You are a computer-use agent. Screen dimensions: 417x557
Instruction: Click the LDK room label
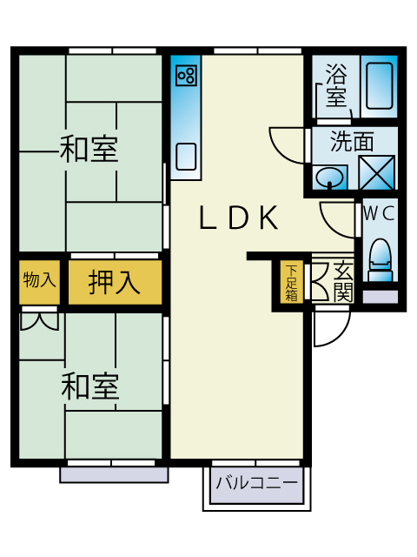click(238, 218)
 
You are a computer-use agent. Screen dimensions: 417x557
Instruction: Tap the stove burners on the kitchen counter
click(186, 76)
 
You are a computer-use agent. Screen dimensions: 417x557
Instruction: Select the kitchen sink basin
click(186, 157)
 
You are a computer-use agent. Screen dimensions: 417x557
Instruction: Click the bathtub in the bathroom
click(379, 85)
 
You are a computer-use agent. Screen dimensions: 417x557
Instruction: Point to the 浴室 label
click(336, 85)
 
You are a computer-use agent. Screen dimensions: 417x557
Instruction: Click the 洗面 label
click(352, 141)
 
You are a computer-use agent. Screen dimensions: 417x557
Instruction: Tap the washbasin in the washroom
click(330, 178)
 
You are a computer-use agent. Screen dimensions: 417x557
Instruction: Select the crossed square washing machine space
click(376, 173)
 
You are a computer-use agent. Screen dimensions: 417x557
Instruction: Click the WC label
click(379, 214)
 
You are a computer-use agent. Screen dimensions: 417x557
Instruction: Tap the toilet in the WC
click(381, 260)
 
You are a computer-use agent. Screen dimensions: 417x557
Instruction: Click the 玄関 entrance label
click(343, 281)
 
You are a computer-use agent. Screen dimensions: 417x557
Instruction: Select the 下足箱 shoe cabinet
click(292, 282)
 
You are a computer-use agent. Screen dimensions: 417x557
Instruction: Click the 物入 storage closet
click(39, 280)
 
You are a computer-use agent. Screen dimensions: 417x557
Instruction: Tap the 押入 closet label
click(114, 282)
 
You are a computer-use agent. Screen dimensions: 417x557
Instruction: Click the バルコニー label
click(257, 483)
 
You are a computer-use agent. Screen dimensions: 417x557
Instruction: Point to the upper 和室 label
click(89, 149)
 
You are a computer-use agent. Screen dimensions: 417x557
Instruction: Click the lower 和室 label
click(90, 386)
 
